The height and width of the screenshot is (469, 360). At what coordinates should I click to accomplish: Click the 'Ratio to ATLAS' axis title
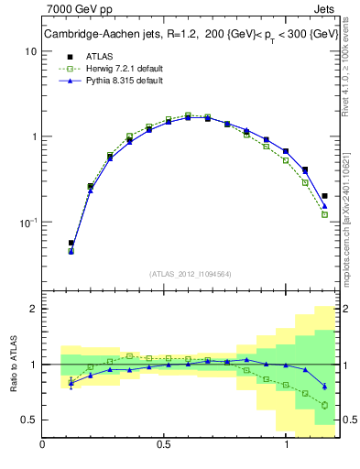[13, 364]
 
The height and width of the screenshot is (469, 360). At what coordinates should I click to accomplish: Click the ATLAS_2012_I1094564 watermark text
[189, 273]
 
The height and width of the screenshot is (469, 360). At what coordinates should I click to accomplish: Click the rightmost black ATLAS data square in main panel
[325, 195]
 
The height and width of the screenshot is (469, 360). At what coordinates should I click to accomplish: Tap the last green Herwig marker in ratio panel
[325, 405]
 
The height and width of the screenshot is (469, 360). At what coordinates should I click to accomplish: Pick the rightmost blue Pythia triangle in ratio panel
[325, 386]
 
